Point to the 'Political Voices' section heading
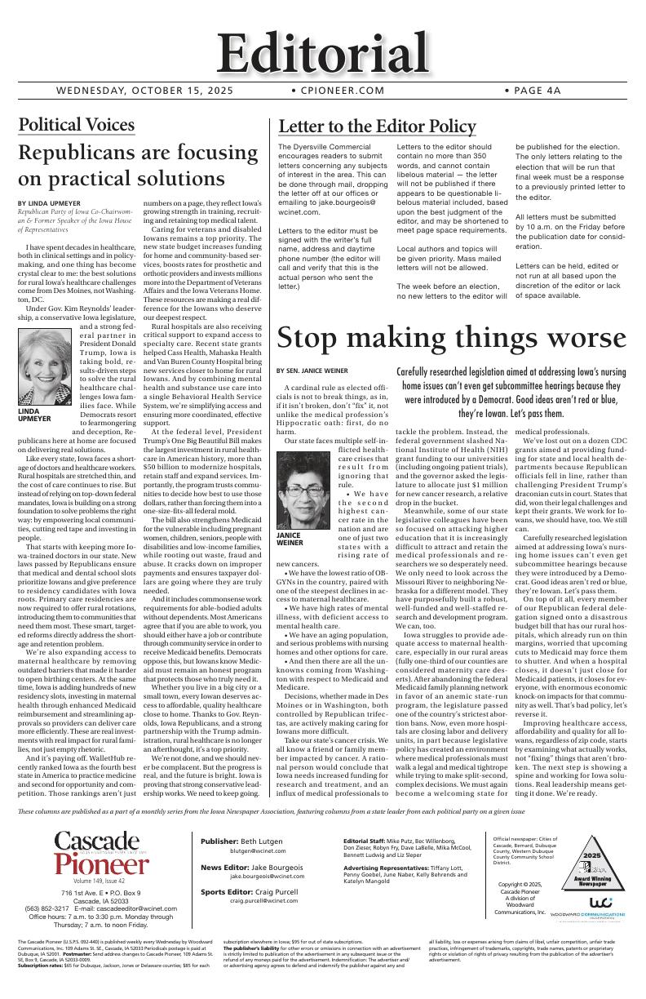pyautogui.click(x=76, y=125)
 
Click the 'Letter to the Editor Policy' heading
pyautogui.click(x=377, y=127)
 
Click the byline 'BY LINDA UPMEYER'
pyautogui.click(x=49, y=202)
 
